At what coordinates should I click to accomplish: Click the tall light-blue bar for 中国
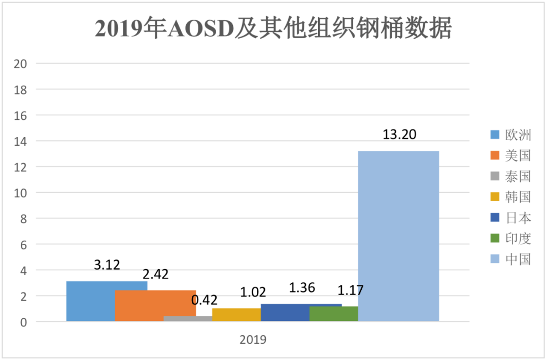[x=398, y=236]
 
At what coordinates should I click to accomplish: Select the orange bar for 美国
[x=155, y=306]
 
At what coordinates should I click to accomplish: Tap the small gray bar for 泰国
[x=188, y=318]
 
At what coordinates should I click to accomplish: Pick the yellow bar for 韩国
[x=236, y=314]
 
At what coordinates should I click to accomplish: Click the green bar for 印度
[x=333, y=313]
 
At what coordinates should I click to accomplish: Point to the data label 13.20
[x=398, y=135]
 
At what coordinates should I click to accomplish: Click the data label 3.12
[x=107, y=265]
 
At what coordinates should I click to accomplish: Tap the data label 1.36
[x=302, y=288]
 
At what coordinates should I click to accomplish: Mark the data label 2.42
[x=155, y=275]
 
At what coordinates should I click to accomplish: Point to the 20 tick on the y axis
[x=21, y=64]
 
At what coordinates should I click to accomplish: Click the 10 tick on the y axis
[x=21, y=193]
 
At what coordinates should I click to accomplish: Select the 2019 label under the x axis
[x=253, y=340]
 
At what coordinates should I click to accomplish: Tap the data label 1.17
[x=351, y=291]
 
